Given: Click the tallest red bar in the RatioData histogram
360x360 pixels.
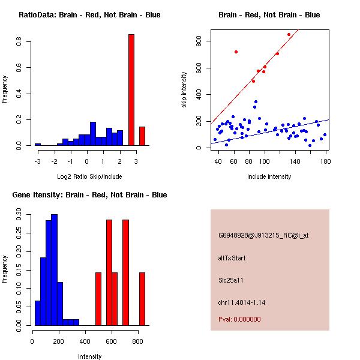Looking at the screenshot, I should coord(131,90).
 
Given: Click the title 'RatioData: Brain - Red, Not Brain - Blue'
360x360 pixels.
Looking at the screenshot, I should coord(89,15).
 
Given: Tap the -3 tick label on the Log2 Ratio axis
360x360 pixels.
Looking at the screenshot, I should coord(37,161).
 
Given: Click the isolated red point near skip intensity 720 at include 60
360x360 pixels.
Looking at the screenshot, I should coord(236,52).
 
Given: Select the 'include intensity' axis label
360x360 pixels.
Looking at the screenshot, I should coord(269,176).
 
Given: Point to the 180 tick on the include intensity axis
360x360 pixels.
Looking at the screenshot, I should coord(325,161).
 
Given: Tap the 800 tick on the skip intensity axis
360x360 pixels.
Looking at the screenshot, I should coord(197,41).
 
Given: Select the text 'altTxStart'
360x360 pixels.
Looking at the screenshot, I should coord(232,258).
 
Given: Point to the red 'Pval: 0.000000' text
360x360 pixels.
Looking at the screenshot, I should coord(239,319).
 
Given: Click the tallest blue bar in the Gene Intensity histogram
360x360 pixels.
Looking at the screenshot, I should coord(55,270).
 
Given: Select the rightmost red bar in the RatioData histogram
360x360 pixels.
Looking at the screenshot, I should coord(142,136).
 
